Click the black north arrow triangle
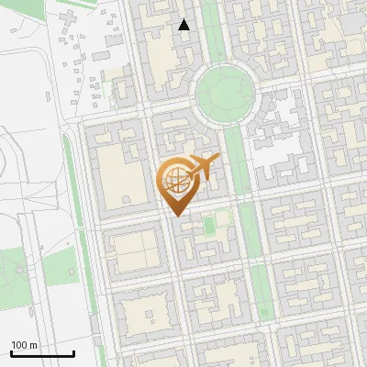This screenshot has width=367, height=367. pos(184,25)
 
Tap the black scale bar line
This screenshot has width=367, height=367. pos(42,353)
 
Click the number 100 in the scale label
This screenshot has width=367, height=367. pos(19,345)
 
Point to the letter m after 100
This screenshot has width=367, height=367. pos(33,345)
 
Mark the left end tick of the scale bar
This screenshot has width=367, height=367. pos(11,352)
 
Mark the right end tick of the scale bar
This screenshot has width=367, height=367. pos(73,352)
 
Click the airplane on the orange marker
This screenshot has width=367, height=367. pos(202,169)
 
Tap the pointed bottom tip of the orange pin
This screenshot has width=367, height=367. pos(175,215)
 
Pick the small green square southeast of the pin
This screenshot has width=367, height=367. pos(209,224)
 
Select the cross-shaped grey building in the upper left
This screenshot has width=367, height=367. pos(70,19)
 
